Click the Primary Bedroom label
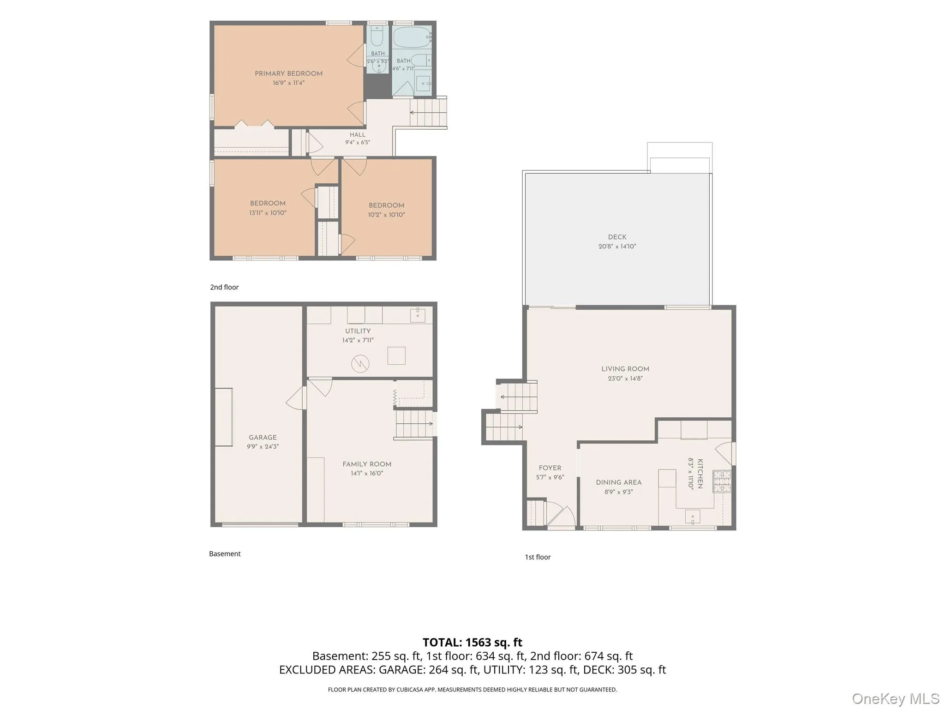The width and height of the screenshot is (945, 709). [x=288, y=73]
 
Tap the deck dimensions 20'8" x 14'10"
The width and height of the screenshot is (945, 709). [x=617, y=246]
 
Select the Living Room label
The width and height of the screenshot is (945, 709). [x=625, y=369]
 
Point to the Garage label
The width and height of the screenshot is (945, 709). [x=263, y=437]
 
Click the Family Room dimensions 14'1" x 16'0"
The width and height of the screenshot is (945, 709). [x=367, y=473]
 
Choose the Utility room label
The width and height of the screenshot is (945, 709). [x=358, y=331]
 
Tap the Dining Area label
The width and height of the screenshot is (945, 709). [x=618, y=482]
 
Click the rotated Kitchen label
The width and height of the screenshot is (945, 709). [x=700, y=474]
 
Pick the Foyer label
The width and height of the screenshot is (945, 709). [x=550, y=468]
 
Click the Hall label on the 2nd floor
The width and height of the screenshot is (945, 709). [x=357, y=135]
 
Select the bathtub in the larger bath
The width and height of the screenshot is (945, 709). [x=412, y=37]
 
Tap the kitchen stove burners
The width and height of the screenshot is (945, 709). [x=722, y=481]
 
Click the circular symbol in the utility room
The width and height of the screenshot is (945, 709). [x=360, y=364]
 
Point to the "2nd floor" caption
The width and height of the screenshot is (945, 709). [x=224, y=287]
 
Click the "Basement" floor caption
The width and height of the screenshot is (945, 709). [x=225, y=554]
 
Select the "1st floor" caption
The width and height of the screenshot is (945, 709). [x=538, y=557]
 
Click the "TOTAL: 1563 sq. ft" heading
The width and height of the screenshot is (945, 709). [x=472, y=643]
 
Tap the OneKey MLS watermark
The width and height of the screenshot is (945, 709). [x=896, y=699]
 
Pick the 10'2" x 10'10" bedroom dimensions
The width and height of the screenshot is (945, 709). [x=386, y=215]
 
